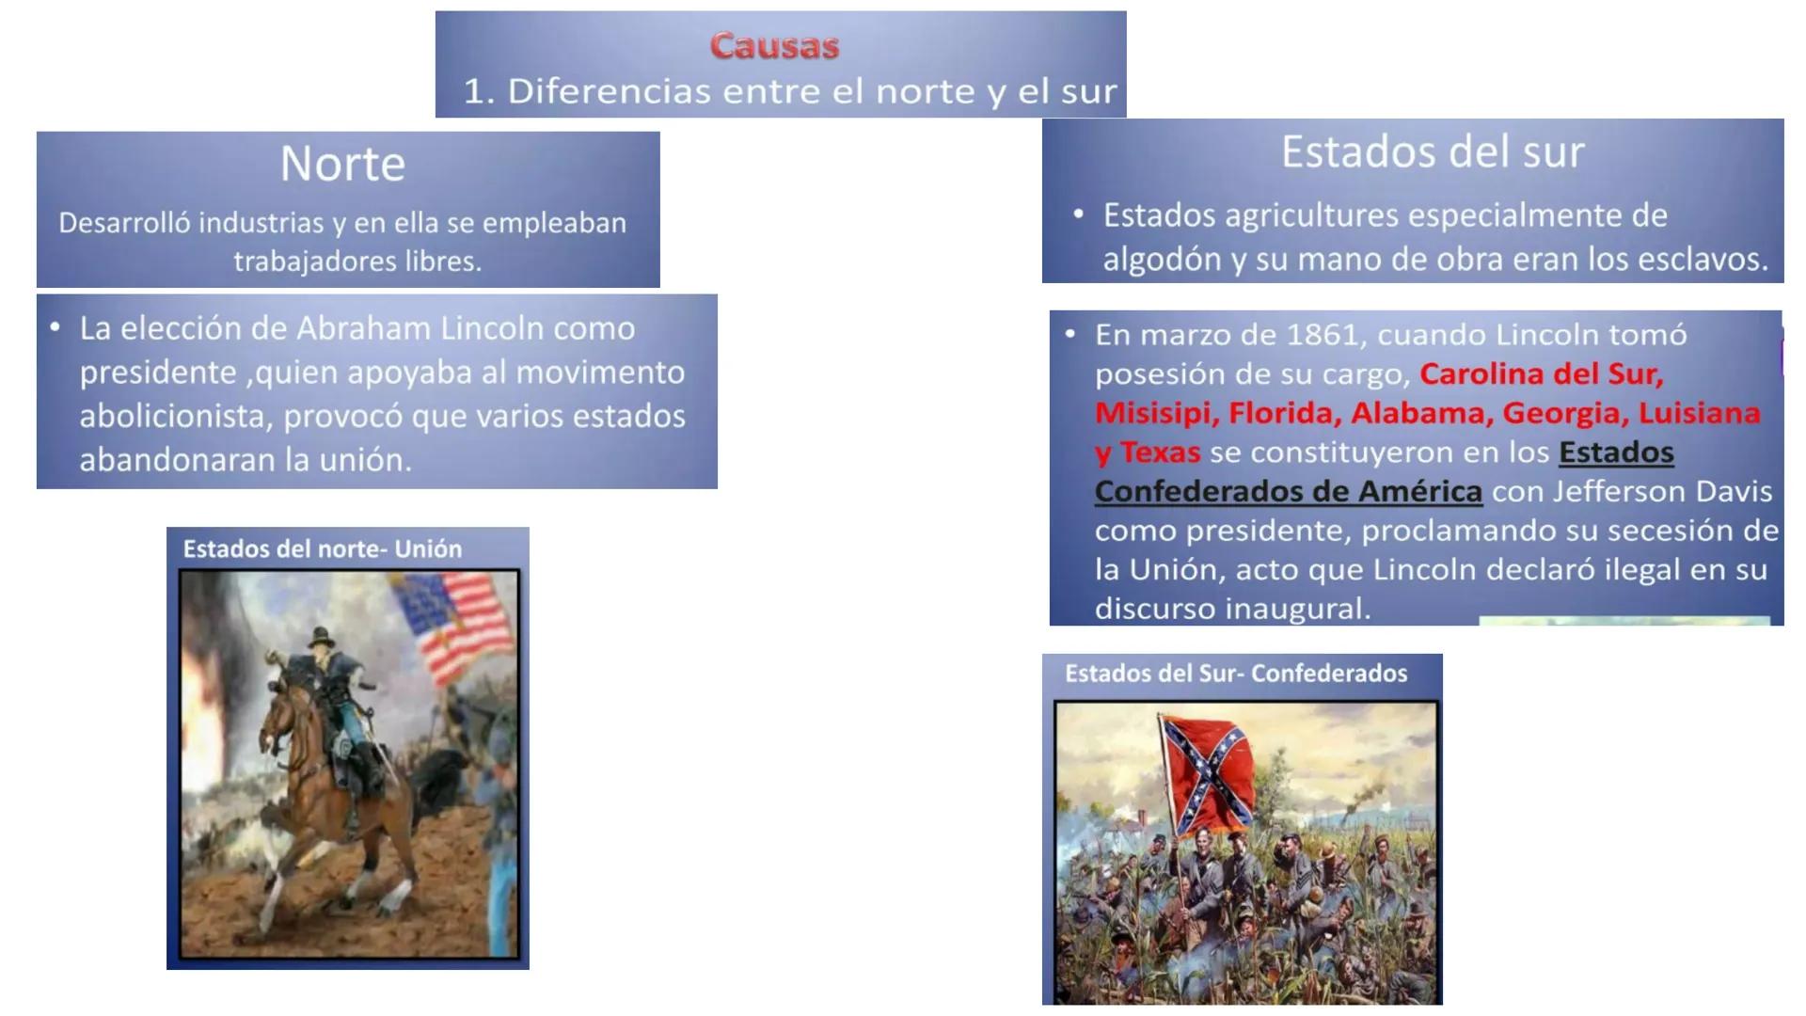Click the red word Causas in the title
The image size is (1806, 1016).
pyautogui.click(x=774, y=45)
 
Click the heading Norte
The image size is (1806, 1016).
pyautogui.click(x=342, y=164)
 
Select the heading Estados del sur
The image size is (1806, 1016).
pyautogui.click(x=1432, y=151)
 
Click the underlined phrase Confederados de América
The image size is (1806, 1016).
pyautogui.click(x=1288, y=491)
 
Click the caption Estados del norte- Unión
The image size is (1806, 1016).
pyautogui.click(x=322, y=549)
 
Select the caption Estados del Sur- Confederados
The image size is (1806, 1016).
pyautogui.click(x=1235, y=674)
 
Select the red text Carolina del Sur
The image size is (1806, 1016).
pyautogui.click(x=1541, y=374)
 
